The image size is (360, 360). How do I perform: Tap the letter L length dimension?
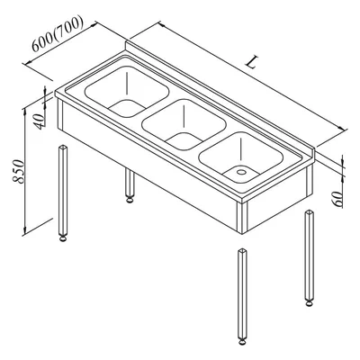(251, 62)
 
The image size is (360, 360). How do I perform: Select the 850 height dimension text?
(19, 171)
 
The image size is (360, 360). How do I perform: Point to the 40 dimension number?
(40, 121)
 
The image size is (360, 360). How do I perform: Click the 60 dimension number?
(337, 199)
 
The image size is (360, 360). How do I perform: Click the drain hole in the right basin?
(240, 172)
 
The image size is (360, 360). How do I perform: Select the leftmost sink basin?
(127, 91)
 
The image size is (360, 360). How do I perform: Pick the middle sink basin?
(184, 125)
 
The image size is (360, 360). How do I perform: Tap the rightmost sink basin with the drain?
(241, 157)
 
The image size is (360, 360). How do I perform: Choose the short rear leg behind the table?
(130, 185)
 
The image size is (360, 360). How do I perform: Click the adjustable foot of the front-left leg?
(63, 238)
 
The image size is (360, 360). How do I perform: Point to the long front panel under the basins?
(150, 168)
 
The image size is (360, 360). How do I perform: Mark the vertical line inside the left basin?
(127, 84)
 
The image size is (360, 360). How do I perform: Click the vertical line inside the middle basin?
(184, 118)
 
